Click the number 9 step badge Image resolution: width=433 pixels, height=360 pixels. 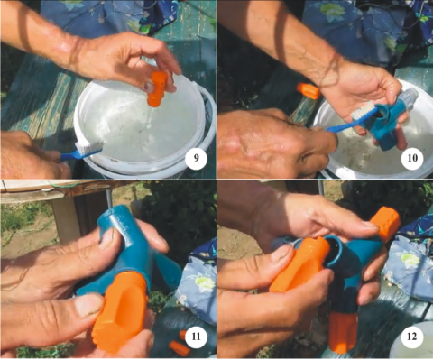coord(196,158)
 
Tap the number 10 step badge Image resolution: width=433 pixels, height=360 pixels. coord(412,158)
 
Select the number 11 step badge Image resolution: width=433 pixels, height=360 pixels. coord(196,337)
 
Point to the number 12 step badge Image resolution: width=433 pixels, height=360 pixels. coord(411,337)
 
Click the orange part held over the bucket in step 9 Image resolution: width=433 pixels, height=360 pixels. coord(157,88)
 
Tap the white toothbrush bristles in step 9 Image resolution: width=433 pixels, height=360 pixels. coord(89,147)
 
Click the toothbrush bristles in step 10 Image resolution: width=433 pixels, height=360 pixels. coord(364,110)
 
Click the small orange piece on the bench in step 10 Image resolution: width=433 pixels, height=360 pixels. coord(309,91)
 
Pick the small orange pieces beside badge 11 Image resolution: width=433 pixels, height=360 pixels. coord(180,344)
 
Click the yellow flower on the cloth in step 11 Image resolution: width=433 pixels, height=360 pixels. coord(205,282)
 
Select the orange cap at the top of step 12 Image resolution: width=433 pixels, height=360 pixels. coord(385,221)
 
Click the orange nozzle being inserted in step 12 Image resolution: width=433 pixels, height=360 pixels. coord(299,264)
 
